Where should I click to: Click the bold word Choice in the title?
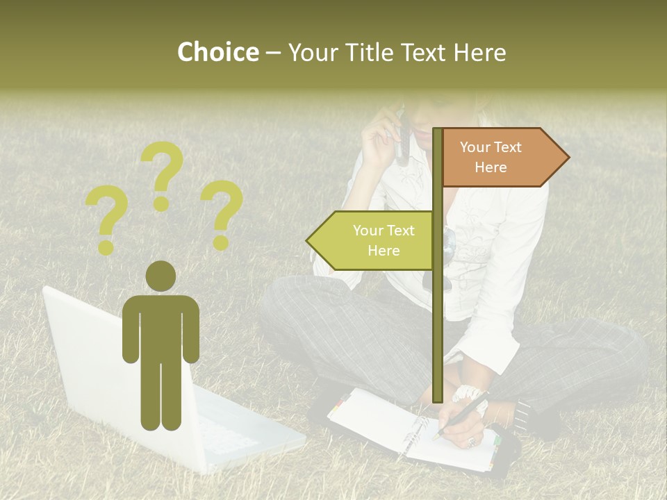(217, 52)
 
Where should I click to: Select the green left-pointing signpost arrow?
(372, 240)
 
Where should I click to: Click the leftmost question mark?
(106, 220)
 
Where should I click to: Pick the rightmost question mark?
(222, 214)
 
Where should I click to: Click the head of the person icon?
(160, 276)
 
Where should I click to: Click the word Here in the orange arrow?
(491, 167)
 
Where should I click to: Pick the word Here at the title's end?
(480, 52)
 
